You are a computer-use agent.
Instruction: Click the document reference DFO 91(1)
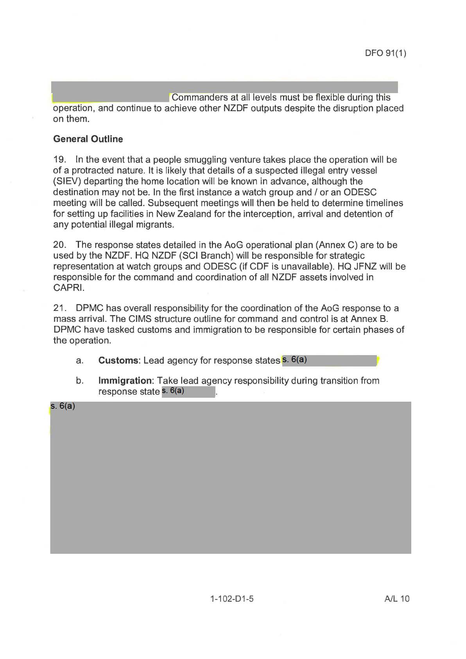pyautogui.click(x=385, y=53)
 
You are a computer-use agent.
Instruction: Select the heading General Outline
pyautogui.click(x=88, y=139)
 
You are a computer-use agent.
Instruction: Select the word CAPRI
pyautogui.click(x=68, y=288)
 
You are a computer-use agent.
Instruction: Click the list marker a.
pyautogui.click(x=79, y=361)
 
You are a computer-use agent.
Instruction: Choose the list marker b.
pyautogui.click(x=79, y=381)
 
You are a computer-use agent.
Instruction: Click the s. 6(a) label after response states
pyautogui.click(x=294, y=360)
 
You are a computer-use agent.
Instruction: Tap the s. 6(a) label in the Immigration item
pyautogui.click(x=173, y=391)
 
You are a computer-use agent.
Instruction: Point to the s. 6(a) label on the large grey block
pyautogui.click(x=63, y=406)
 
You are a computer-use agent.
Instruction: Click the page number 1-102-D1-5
pyautogui.click(x=232, y=599)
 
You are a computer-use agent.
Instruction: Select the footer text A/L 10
pyautogui.click(x=397, y=599)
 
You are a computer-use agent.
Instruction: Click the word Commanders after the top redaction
pyautogui.click(x=199, y=97)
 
